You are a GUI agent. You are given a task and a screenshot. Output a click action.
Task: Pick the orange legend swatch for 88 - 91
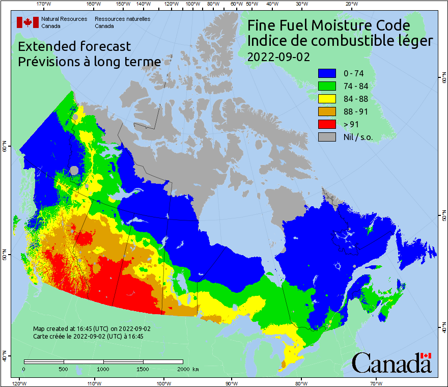(327, 112)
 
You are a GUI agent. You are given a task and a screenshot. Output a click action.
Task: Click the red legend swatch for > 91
(327, 124)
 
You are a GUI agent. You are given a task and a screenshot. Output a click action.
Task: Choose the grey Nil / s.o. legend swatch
(327, 137)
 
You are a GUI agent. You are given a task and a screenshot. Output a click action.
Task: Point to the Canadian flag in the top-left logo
(27, 22)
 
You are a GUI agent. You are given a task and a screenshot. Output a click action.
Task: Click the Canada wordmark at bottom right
(391, 363)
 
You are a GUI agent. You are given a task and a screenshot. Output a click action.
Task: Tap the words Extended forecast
(74, 46)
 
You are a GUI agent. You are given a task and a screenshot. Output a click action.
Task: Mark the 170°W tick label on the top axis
(44, 4)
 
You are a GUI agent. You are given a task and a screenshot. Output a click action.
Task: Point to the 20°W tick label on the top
(350, 4)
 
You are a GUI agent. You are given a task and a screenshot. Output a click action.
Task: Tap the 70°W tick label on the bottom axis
(376, 383)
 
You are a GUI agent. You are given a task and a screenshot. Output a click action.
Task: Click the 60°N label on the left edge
(4, 148)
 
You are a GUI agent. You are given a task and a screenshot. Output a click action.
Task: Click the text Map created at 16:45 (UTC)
(92, 329)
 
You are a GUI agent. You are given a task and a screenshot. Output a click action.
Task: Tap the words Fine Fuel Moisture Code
(328, 25)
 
